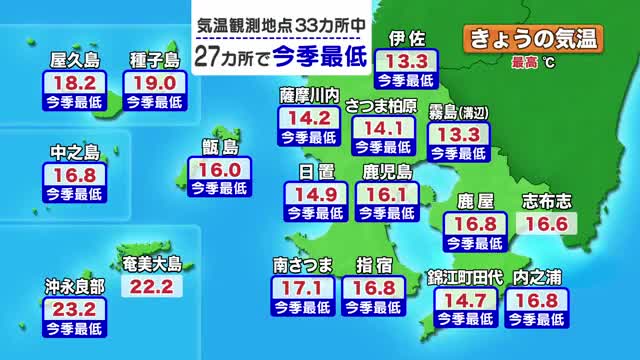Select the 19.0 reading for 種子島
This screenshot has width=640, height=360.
point(153,82)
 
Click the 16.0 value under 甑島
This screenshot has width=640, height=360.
point(215,171)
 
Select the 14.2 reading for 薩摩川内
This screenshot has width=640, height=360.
point(309,119)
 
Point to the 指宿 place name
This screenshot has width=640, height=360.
point(379,265)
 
